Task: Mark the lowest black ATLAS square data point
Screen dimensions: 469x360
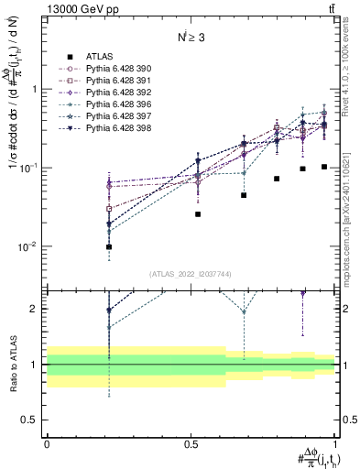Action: (109, 246)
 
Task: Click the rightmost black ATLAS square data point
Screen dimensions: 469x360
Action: (324, 167)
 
